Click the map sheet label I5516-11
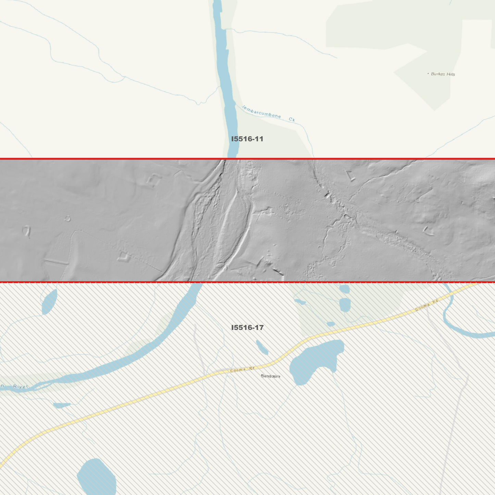247,139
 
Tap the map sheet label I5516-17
247,327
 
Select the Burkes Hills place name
443,74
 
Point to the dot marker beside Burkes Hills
428,73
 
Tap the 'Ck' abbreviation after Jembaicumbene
292,120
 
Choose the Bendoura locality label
270,376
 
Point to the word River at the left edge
21,386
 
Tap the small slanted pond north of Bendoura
262,347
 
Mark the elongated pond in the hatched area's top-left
49,302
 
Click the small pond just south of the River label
62,405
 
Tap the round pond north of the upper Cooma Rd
345,304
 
